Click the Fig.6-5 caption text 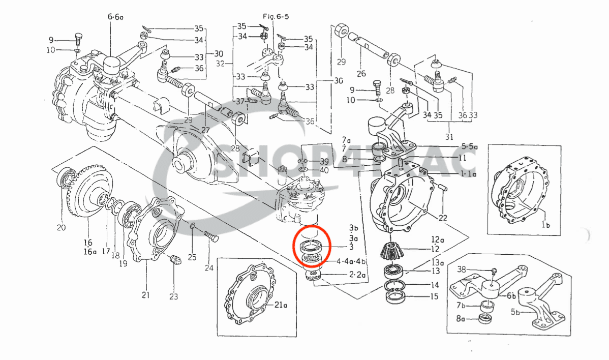coord(276,16)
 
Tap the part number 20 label coord(61,228)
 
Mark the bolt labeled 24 coord(211,237)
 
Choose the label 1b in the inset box coord(546,224)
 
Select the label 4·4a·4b coord(350,262)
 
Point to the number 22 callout coord(443,218)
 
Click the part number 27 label coord(205,130)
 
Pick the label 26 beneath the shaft coord(361,74)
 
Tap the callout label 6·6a coord(114,17)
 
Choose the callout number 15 coord(435,296)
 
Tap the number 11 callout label coord(462,158)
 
